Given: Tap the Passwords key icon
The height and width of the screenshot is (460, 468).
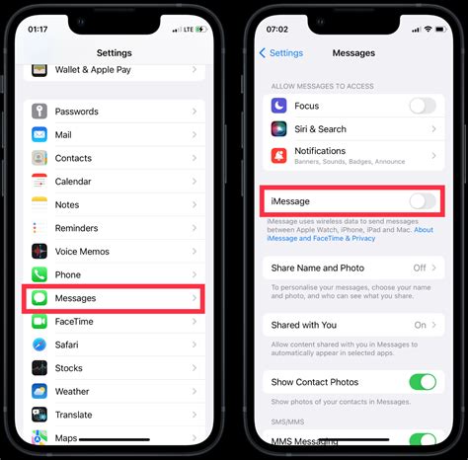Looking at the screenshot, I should point(39,112).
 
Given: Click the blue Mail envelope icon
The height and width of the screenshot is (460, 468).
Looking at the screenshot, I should point(39,134).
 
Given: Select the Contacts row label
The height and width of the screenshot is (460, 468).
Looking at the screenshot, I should point(73,158).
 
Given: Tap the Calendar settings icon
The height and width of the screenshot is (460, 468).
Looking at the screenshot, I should point(39,181).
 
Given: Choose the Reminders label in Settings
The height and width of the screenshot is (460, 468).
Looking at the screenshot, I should point(77,228).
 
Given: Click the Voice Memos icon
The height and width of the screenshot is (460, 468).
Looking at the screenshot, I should point(39,251).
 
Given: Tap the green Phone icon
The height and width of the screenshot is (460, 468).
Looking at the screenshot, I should point(39,274).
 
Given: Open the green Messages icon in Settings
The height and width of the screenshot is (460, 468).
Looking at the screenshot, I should point(39,297).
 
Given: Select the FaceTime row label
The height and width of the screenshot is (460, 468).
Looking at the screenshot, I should point(75,321).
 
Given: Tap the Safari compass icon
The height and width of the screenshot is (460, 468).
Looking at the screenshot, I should point(39,345).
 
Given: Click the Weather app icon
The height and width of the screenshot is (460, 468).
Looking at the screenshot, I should point(39,391).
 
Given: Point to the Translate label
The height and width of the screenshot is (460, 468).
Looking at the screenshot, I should point(74,415).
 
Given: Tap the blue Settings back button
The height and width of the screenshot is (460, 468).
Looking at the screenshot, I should point(281,52).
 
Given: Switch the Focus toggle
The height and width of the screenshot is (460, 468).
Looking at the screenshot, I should point(422,106).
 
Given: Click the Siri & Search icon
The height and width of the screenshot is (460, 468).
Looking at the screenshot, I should point(278,128).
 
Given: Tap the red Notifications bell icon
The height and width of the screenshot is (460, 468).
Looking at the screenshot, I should point(278,155).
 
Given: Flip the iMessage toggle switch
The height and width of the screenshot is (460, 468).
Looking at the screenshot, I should point(422,201).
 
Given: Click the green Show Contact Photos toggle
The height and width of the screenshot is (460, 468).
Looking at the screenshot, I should point(422,382).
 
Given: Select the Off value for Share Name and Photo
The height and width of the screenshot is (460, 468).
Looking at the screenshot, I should point(420,268).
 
